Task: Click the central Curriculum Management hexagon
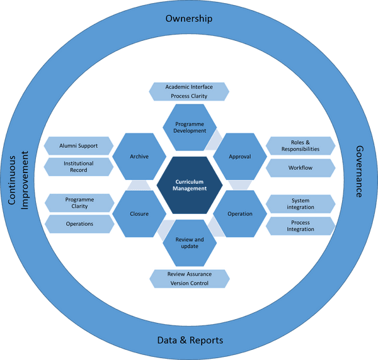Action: tap(190, 185)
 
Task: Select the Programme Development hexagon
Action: tap(190, 127)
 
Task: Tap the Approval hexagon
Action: tap(240, 156)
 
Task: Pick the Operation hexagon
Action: tap(240, 213)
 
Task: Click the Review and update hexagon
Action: tap(190, 242)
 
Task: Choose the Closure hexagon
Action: tap(139, 213)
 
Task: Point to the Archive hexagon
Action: tap(139, 156)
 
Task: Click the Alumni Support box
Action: tap(79, 146)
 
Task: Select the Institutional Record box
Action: tap(79, 167)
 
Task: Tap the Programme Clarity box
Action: tap(79, 203)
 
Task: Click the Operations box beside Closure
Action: tap(79, 223)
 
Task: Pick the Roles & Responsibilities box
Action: tap(301, 146)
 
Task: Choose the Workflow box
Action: tap(301, 168)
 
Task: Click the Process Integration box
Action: tap(301, 226)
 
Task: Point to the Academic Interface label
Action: tap(190, 86)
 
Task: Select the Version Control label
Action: tap(190, 283)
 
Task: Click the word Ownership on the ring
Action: tap(189, 18)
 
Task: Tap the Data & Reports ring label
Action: tap(190, 340)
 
